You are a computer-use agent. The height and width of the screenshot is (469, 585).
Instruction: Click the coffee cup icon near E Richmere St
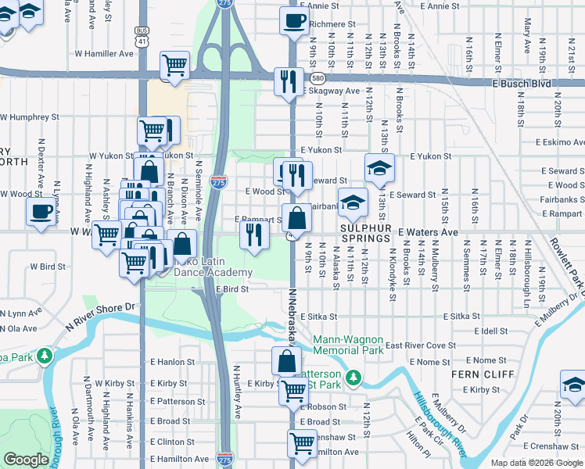tap(294, 21)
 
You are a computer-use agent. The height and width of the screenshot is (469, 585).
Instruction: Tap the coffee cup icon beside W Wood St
tap(41, 210)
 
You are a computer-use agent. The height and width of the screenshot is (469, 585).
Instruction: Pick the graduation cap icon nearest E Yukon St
tap(379, 167)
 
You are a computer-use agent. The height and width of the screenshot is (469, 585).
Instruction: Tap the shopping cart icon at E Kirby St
tap(293, 390)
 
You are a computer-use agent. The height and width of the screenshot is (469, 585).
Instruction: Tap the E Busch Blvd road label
tap(521, 84)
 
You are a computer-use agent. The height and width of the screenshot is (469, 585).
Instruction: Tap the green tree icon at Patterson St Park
tap(354, 378)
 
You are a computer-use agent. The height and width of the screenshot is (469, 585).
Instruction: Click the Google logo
tap(26, 460)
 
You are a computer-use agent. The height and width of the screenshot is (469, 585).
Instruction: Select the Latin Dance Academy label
tap(210, 267)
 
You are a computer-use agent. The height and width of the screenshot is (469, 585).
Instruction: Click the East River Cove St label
tap(420, 345)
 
